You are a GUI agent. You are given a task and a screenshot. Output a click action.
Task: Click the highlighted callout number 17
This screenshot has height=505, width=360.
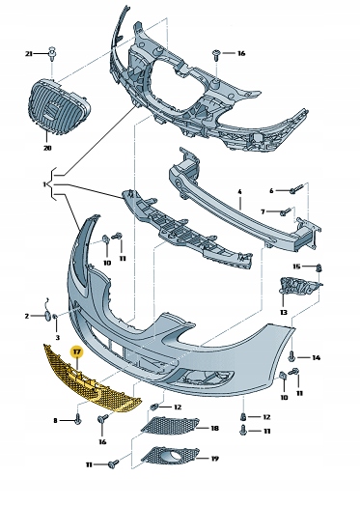click(76, 351)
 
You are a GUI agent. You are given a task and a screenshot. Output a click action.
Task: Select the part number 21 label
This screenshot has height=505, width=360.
click(29, 54)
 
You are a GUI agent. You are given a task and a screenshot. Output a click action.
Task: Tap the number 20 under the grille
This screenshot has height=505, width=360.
click(47, 148)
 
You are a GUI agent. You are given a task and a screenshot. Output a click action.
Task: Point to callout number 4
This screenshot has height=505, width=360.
click(239, 191)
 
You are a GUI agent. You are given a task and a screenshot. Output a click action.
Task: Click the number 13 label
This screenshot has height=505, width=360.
click(284, 312)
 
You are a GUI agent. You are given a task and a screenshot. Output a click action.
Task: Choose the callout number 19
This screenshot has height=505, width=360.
click(215, 459)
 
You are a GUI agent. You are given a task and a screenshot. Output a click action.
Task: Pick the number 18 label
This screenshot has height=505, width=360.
click(215, 428)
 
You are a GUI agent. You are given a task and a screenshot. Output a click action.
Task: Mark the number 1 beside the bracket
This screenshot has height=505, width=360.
click(44, 184)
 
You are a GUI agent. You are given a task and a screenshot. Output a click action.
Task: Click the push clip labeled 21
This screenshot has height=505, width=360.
click(51, 53)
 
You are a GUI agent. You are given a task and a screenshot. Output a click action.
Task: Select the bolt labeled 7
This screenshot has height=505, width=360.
click(286, 210)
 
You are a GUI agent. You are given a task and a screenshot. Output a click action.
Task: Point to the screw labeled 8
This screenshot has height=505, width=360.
click(77, 419)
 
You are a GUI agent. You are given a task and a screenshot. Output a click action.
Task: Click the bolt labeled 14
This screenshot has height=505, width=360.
click(292, 356)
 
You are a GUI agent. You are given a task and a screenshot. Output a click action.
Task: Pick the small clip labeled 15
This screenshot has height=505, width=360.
click(319, 267)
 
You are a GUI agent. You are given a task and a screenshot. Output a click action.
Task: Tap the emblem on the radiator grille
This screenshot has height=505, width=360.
click(50, 108)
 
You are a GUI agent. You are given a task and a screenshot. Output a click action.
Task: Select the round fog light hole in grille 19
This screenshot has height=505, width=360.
click(176, 456)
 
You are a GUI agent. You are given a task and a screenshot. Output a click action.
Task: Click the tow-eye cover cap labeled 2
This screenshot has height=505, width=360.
click(47, 316)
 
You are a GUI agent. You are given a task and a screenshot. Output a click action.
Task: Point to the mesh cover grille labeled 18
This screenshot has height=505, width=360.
click(170, 426)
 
